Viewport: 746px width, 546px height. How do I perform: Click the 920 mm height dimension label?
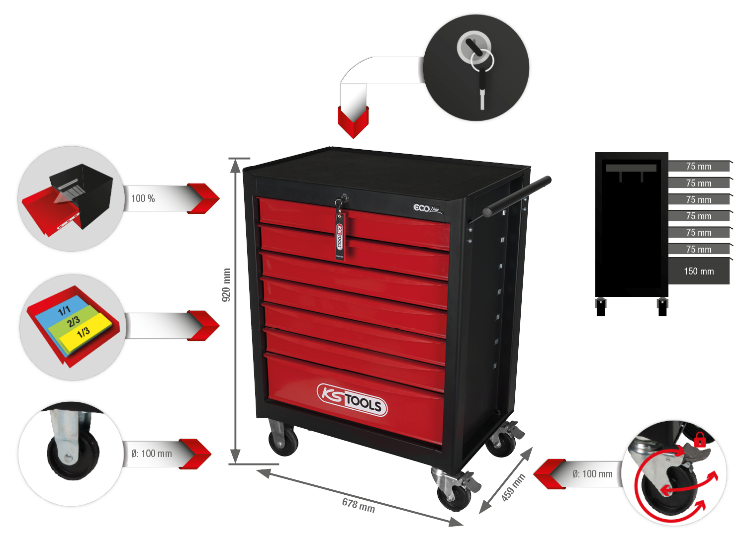click(x=226, y=285)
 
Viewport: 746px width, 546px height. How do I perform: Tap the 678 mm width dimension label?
click(x=359, y=505)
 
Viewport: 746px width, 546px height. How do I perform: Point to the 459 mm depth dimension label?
click(x=513, y=487)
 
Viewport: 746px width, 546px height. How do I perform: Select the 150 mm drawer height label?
click(x=699, y=272)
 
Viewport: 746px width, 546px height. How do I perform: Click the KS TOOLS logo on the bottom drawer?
click(x=352, y=399)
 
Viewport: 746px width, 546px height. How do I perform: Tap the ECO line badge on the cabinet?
click(x=428, y=209)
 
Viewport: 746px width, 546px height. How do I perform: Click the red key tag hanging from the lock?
click(x=340, y=236)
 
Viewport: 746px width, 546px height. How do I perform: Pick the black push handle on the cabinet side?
click(x=517, y=196)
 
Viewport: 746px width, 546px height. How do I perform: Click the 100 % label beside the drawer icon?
click(x=143, y=198)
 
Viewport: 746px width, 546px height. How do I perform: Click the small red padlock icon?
click(x=700, y=440)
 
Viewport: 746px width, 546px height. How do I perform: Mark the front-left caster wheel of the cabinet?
click(x=283, y=441)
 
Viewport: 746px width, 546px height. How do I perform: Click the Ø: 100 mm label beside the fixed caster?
click(x=152, y=454)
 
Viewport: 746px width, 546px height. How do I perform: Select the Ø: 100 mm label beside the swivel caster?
click(x=592, y=474)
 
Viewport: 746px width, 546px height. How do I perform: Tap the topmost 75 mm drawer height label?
click(x=699, y=167)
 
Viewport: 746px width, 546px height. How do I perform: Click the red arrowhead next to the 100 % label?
click(x=203, y=198)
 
